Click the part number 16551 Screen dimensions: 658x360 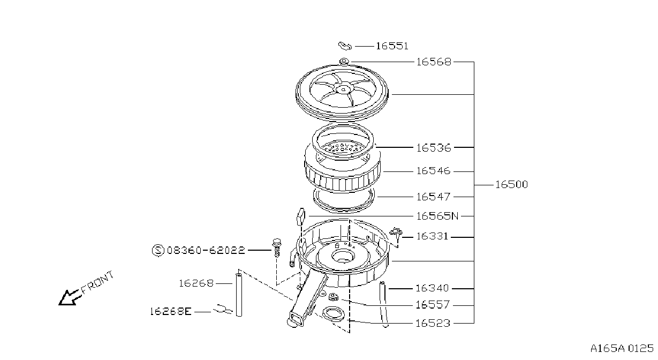tap(392, 46)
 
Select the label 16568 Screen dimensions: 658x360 tap(434, 62)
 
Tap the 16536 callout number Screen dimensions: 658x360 tap(434, 147)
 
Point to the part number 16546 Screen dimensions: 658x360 tap(433, 171)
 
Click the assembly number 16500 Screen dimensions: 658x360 tap(512, 185)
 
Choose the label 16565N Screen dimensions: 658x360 tap(437, 216)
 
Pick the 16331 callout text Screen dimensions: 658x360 tap(433, 236)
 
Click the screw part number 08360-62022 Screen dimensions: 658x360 tap(206, 250)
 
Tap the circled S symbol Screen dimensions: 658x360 tap(158, 250)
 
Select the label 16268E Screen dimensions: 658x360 tap(171, 311)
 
